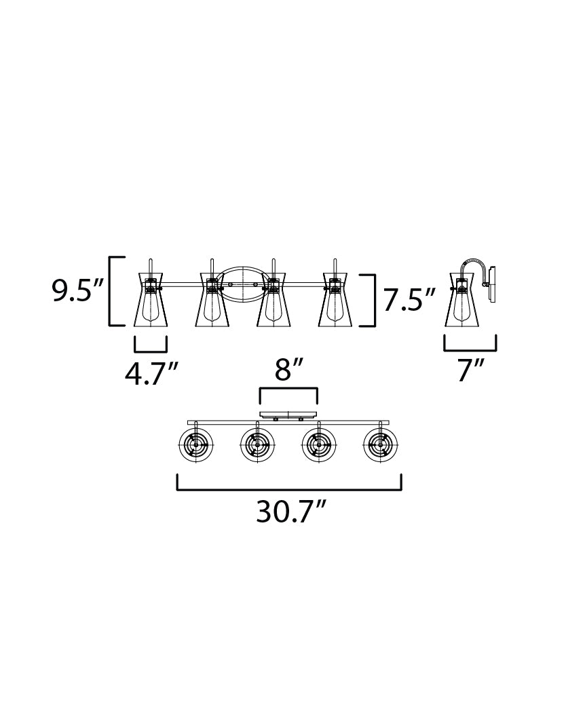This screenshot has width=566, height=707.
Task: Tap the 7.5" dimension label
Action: point(409,300)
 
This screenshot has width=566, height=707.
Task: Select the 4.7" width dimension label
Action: point(151,374)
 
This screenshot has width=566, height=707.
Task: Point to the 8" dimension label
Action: point(288,370)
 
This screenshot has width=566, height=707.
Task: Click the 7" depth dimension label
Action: point(470,371)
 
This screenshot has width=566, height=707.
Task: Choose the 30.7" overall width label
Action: point(290,512)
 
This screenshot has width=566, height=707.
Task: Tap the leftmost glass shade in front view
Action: point(151,299)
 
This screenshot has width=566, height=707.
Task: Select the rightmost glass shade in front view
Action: point(335,299)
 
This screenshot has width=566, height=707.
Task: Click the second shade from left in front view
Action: point(212,299)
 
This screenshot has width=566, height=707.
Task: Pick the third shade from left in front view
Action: point(273,299)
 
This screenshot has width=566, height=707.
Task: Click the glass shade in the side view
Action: point(461,299)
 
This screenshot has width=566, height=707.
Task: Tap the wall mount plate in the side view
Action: point(493,284)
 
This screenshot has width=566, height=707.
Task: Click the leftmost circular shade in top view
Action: point(195,445)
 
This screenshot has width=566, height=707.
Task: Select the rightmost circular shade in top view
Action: point(380,445)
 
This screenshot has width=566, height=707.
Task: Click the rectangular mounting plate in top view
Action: point(288,415)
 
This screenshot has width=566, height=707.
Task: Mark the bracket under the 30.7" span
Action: point(288,489)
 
